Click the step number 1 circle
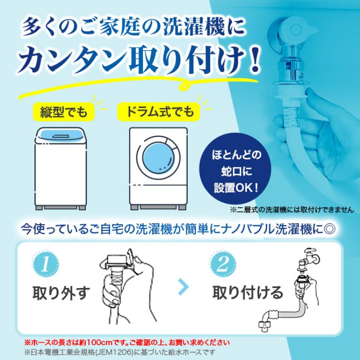pos(47,264)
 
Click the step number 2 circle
pos(224,264)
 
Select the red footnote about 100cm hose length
pos(127,343)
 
